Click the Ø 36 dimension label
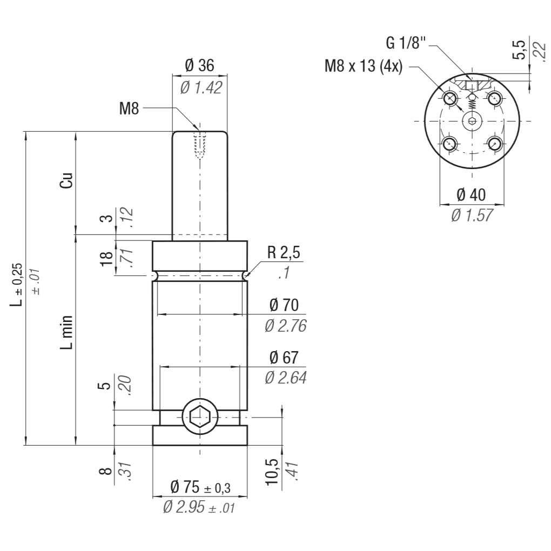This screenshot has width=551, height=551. [199, 65]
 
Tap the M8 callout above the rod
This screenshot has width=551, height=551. [129, 109]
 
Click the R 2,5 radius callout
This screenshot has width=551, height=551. [284, 252]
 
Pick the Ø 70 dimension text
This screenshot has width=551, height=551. [284, 305]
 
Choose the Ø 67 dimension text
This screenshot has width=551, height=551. [284, 358]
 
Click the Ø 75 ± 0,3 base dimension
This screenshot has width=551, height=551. [200, 487]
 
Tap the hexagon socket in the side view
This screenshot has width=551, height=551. [199, 417]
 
